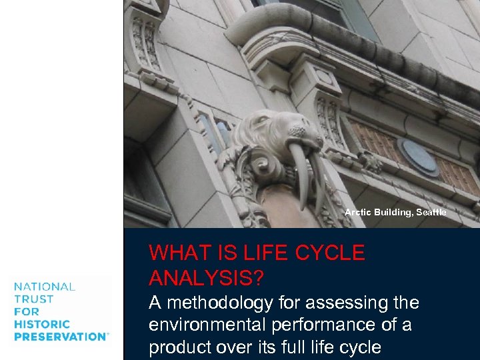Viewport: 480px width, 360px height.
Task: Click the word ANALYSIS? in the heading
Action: point(206,277)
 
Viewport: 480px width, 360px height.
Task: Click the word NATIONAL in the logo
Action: point(45,287)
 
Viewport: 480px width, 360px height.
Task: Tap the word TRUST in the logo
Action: point(32,299)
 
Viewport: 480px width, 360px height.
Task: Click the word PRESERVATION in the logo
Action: point(60,337)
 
